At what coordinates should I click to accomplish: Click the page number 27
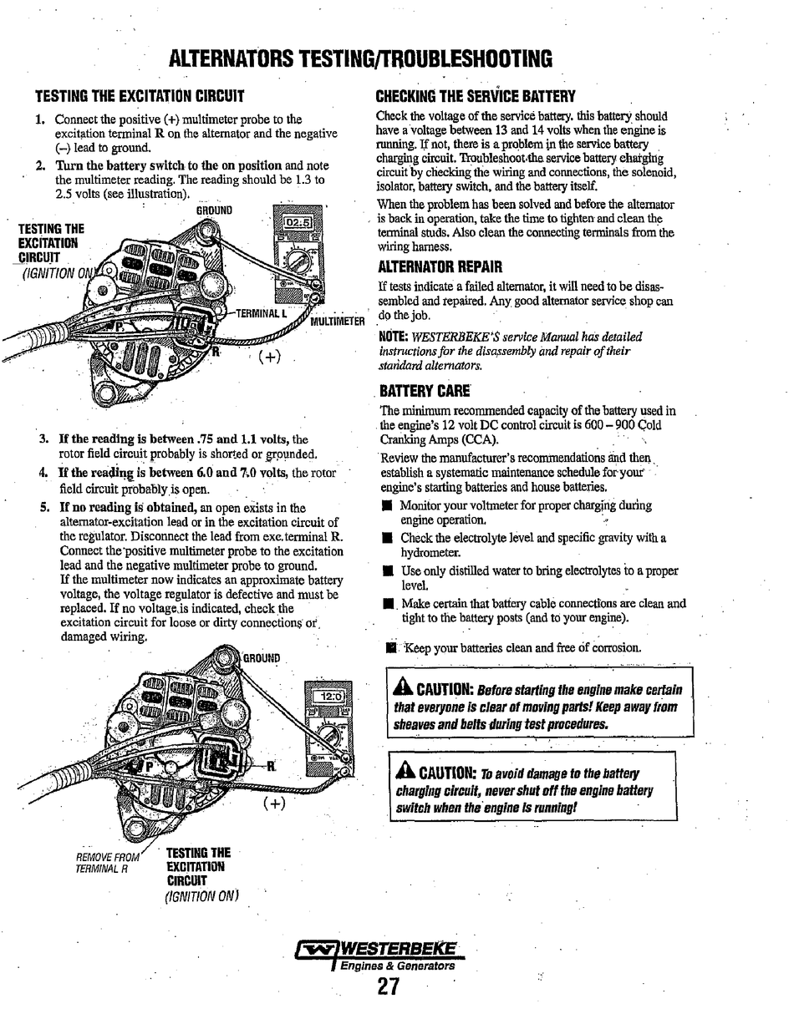[388, 987]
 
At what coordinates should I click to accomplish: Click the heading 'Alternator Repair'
[428, 267]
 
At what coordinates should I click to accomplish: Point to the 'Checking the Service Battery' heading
[475, 96]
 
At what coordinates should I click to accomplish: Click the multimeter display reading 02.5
[298, 223]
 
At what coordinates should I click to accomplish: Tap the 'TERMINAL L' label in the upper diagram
[261, 314]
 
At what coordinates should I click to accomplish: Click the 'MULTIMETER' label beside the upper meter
[338, 321]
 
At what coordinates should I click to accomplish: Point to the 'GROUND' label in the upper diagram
[214, 210]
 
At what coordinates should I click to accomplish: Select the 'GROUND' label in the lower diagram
[262, 657]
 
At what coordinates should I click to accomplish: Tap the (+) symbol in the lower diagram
[274, 803]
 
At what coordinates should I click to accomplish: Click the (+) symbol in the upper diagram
[269, 357]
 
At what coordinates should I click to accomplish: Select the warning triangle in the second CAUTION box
[406, 771]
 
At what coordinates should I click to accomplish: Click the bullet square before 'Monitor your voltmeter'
[387, 506]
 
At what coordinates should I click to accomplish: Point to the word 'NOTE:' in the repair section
[393, 337]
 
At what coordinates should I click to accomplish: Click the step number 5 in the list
[43, 507]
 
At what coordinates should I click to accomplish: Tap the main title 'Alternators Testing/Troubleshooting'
[360, 58]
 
